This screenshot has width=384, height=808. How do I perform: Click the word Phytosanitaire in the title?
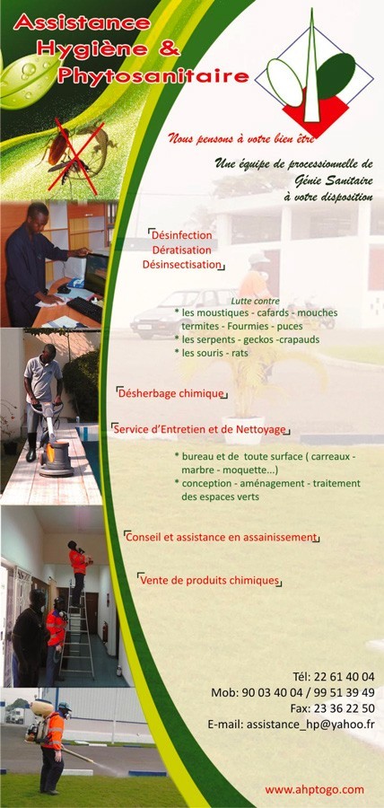coord(153,76)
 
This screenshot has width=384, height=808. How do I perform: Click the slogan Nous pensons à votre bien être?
coord(241,138)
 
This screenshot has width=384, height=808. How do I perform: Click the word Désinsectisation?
coord(182,265)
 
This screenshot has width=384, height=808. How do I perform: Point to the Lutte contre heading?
coord(256,301)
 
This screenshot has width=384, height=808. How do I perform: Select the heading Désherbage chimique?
coord(171,394)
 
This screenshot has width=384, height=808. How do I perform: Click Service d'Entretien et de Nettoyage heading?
coord(200,429)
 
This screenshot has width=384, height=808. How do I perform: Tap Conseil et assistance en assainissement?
coord(222,537)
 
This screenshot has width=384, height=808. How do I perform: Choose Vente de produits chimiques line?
coord(210,580)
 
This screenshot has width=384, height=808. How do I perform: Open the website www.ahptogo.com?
coord(315,789)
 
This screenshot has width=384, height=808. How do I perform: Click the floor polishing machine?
coord(55,449)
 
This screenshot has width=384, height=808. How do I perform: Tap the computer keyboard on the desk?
coord(84,309)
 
